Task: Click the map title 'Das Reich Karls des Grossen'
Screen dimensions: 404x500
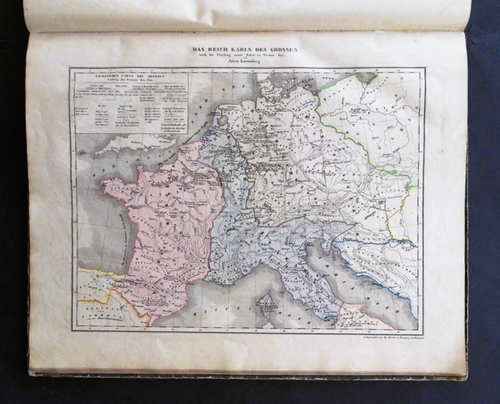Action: [x=248, y=50]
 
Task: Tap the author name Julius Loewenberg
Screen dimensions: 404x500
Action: [x=248, y=63]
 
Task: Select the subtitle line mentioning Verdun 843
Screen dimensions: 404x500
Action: [x=248, y=57]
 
